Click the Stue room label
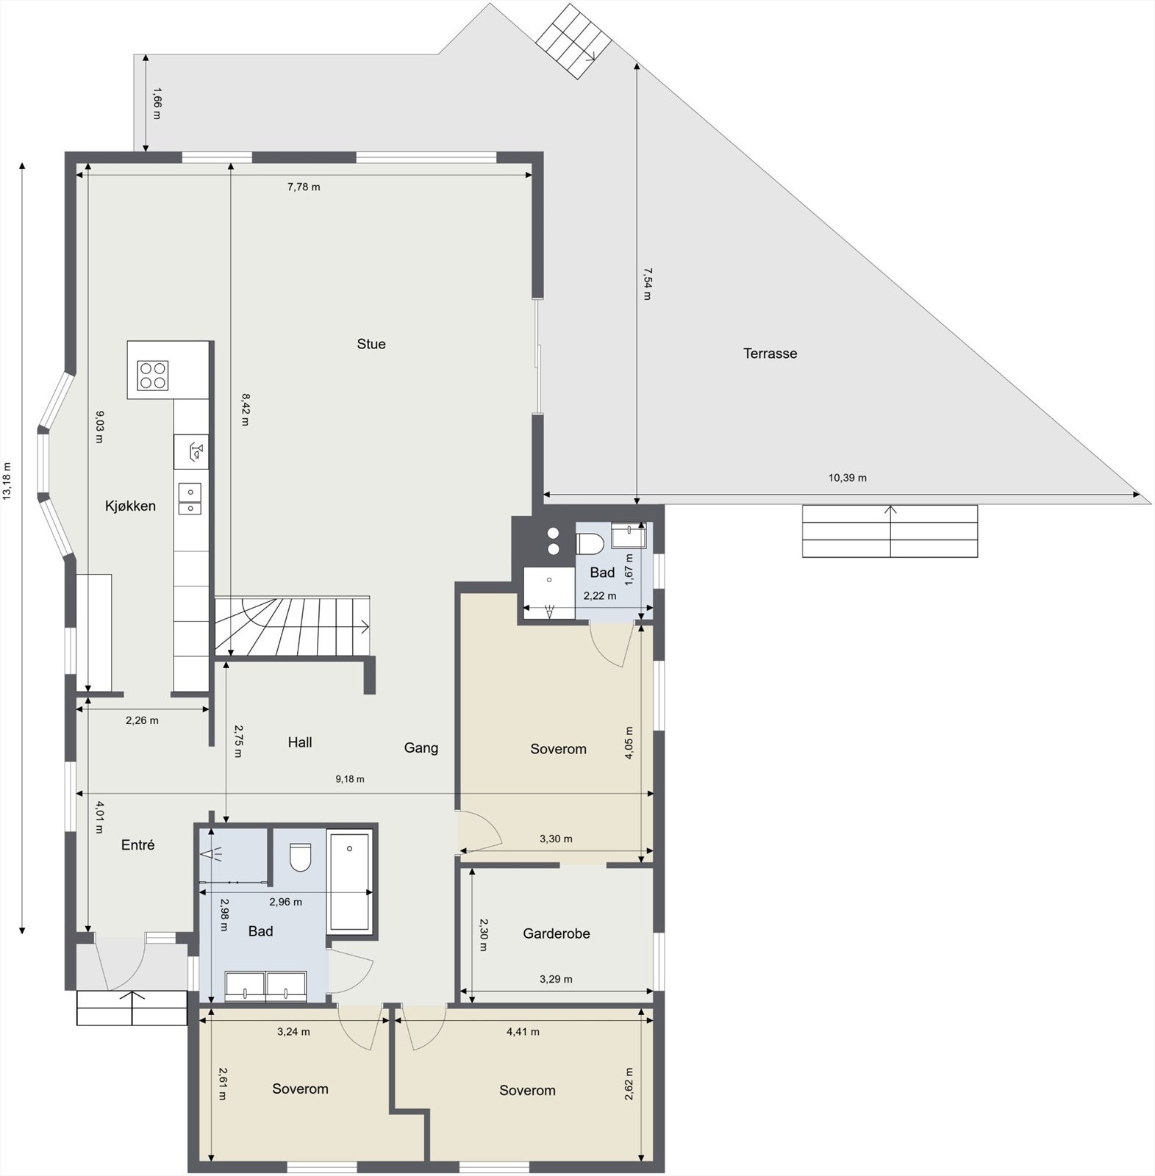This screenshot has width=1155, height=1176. pos(371,344)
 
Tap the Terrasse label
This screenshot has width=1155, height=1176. pos(770,354)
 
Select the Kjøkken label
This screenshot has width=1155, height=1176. pos(130,506)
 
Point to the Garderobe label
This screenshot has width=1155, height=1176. pos(556,933)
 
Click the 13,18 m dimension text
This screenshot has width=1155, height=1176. pos(7,481)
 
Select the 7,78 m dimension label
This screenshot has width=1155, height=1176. pos(304,187)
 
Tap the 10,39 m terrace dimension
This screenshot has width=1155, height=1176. pos(847,478)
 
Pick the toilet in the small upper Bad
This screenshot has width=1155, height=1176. pos(590,543)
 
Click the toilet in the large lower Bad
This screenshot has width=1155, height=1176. pos(300,857)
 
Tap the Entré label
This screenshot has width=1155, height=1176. pos(137,845)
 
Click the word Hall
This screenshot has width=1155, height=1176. pos(300,742)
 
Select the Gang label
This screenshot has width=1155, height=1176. pos(421,747)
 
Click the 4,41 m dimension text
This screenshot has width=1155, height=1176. pos(523,1031)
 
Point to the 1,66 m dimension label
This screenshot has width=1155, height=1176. pos(156,103)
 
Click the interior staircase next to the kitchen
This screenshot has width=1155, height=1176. pos(294,625)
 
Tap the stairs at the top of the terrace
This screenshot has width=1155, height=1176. pos(573,40)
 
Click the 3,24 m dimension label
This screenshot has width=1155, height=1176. pos(293,1031)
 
